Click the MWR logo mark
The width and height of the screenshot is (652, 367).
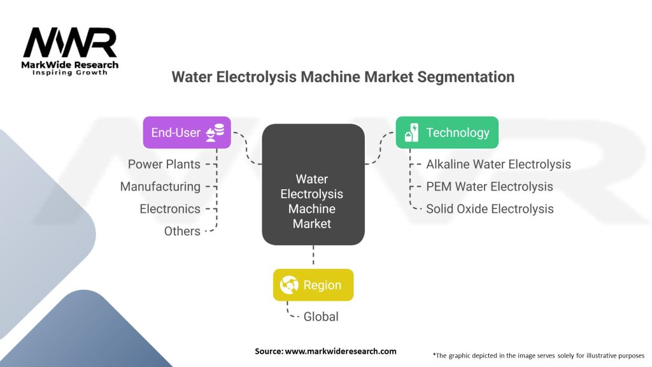70,43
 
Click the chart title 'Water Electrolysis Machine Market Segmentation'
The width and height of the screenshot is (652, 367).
343,77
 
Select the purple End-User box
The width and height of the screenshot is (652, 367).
187,133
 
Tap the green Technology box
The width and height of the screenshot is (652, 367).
446,133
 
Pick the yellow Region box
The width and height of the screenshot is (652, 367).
313,285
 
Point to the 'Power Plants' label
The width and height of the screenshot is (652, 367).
164,164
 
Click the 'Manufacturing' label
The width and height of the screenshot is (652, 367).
160,186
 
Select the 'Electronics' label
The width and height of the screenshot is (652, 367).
170,208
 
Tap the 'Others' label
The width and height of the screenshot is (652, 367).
182,231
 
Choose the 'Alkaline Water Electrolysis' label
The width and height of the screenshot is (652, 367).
499,164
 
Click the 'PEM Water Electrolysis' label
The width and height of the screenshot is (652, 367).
490,186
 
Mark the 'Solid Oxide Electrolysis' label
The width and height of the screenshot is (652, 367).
490,208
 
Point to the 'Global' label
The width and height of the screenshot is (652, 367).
321,316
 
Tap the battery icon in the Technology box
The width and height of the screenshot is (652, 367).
412,133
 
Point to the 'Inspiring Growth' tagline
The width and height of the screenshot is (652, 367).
70,73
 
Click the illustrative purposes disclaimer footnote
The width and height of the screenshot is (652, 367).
539,355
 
